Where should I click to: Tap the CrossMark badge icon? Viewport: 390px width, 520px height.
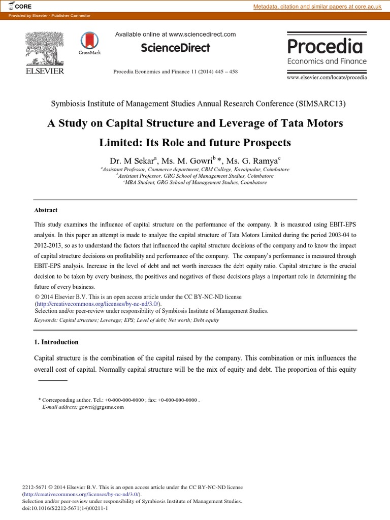tap(89, 43)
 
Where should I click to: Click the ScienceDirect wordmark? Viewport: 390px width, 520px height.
tap(175, 48)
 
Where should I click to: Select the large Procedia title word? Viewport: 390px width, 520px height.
tap(325, 46)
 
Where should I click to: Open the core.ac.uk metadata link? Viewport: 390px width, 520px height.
tap(317, 6)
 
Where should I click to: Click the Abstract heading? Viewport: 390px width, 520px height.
tap(46, 210)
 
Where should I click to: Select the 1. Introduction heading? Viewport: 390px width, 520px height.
tap(56, 342)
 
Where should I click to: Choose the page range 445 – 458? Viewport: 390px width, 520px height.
tap(223, 71)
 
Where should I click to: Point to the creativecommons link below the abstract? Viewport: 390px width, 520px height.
tap(97, 304)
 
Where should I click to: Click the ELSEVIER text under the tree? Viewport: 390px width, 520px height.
tap(45, 71)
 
